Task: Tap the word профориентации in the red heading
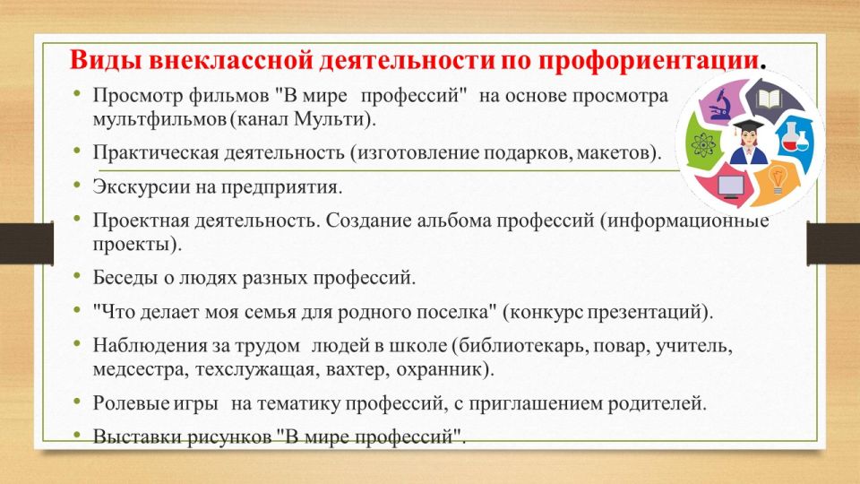pos(649,60)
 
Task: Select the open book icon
pos(768,99)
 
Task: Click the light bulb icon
pos(778,179)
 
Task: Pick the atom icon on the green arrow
pos(701,146)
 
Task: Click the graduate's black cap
pos(748,125)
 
